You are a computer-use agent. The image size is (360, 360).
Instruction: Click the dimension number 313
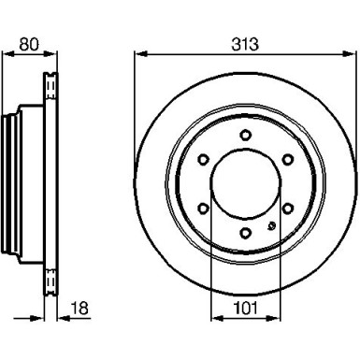click(245, 44)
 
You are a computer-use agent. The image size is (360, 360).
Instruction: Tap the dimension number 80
click(29, 44)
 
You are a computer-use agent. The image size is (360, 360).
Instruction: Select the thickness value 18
click(79, 309)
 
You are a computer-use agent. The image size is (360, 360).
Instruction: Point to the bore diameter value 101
click(246, 309)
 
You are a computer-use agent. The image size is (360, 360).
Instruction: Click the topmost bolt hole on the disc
click(246, 135)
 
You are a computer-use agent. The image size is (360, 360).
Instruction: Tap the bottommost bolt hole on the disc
click(246, 233)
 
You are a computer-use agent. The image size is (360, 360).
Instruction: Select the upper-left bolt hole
click(203, 160)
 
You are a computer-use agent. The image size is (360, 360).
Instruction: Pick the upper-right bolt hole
click(288, 160)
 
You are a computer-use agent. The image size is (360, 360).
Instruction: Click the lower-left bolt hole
click(203, 209)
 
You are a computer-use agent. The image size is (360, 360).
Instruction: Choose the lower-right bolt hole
click(288, 209)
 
